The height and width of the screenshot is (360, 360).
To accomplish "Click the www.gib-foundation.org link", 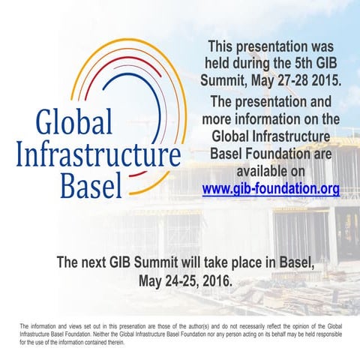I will (x=271, y=189).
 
